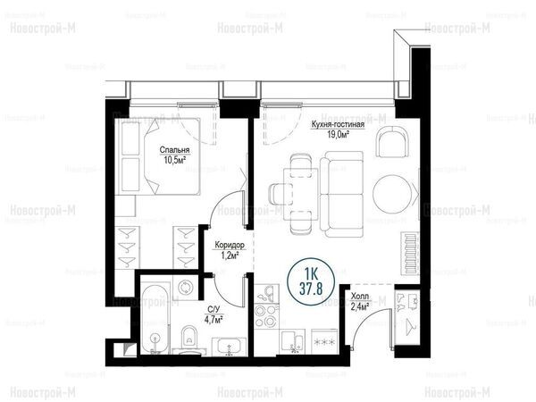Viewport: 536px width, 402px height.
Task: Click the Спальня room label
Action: coord(174,150)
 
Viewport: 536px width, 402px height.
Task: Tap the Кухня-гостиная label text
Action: coord(338,124)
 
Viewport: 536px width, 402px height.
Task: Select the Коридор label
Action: coord(230,245)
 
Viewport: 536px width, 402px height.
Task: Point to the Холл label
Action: coord(360,296)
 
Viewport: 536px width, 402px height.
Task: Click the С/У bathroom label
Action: coord(214,310)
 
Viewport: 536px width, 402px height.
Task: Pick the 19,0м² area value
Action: coord(339,134)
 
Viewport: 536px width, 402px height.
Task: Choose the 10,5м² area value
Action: coord(174,159)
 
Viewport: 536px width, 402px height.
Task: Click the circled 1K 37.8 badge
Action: coord(311,281)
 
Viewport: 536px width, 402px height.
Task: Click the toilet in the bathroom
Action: coord(189,337)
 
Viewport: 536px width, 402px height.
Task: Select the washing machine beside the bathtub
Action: coord(186,287)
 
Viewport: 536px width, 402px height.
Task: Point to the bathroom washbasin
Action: coord(229,347)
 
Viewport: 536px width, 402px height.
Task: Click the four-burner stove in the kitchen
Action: coord(266,315)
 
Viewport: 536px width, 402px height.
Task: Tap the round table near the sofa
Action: coord(392,194)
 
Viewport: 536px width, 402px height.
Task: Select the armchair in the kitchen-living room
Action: coord(392,141)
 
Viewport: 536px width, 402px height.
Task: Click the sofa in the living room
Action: coord(342,194)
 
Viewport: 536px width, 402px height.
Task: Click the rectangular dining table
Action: coord(302,194)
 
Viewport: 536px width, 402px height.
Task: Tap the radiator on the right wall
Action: coord(410,253)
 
